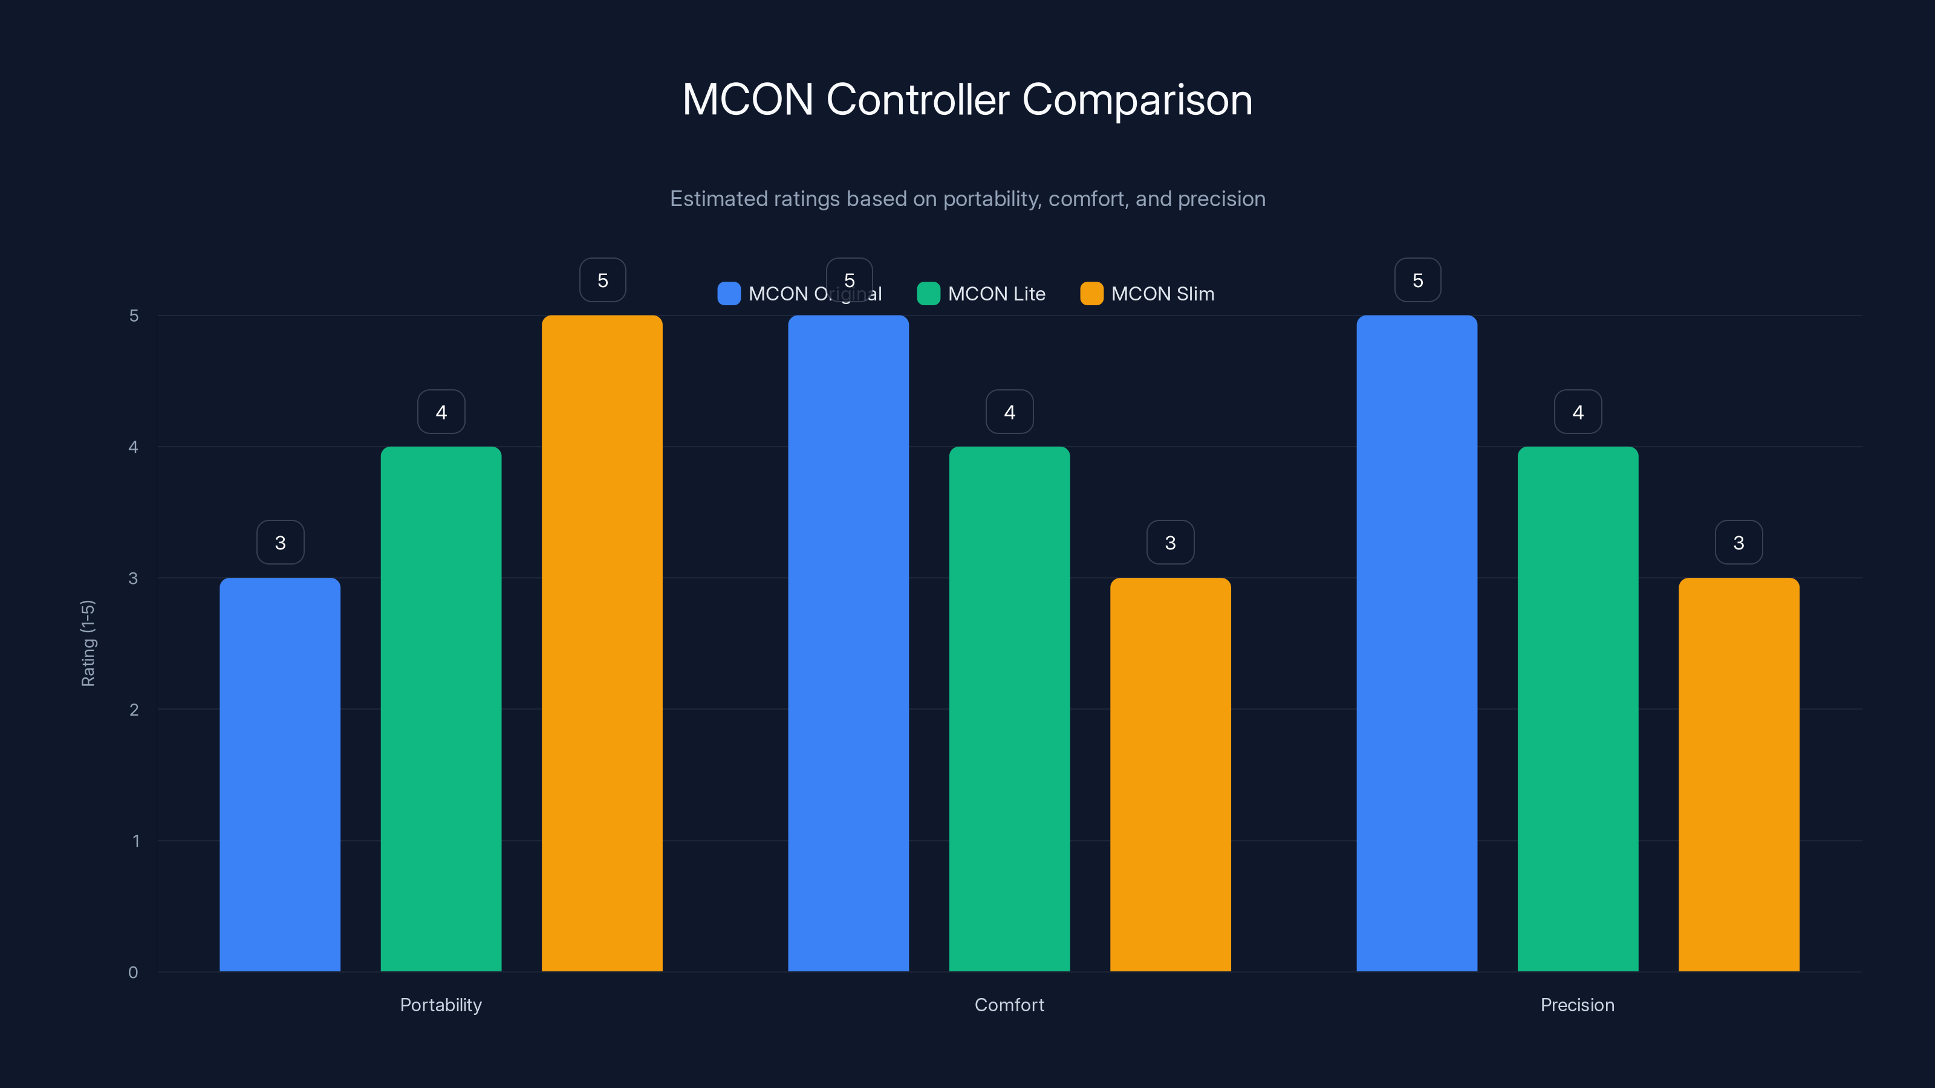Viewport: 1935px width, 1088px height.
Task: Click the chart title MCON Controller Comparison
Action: pyautogui.click(x=967, y=100)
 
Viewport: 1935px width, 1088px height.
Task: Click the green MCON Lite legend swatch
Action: pyautogui.click(x=928, y=294)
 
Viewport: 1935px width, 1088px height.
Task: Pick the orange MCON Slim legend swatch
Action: pyautogui.click(x=1091, y=294)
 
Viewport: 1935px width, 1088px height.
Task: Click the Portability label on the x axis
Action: pyautogui.click(x=441, y=1005)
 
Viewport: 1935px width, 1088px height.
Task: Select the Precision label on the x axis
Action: pyautogui.click(x=1578, y=1005)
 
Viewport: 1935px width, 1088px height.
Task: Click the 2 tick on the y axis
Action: pyautogui.click(x=134, y=710)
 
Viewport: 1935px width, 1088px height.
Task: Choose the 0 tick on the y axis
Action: pyautogui.click(x=133, y=973)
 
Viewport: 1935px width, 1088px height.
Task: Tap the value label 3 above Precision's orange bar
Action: pyautogui.click(x=1738, y=543)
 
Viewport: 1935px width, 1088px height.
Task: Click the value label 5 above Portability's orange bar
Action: pyautogui.click(x=602, y=280)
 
